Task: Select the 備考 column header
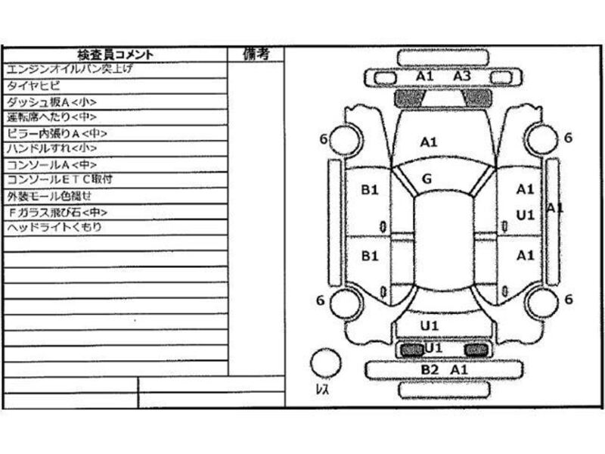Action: pyautogui.click(x=256, y=54)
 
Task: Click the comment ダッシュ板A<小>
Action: pyautogui.click(x=51, y=102)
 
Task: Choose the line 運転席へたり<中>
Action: pyautogui.click(x=51, y=117)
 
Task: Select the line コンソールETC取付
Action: pyautogui.click(x=59, y=180)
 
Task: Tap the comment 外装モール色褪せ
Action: pyautogui.click(x=48, y=196)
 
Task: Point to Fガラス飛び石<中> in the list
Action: pyautogui.click(x=57, y=212)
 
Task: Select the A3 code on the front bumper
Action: pyautogui.click(x=462, y=76)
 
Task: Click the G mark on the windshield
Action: pyautogui.click(x=427, y=179)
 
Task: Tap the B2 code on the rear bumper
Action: pyautogui.click(x=430, y=370)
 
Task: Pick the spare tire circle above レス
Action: pyautogui.click(x=326, y=362)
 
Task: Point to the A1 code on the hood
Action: pyautogui.click(x=429, y=141)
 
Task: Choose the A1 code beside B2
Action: pyautogui.click(x=459, y=370)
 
